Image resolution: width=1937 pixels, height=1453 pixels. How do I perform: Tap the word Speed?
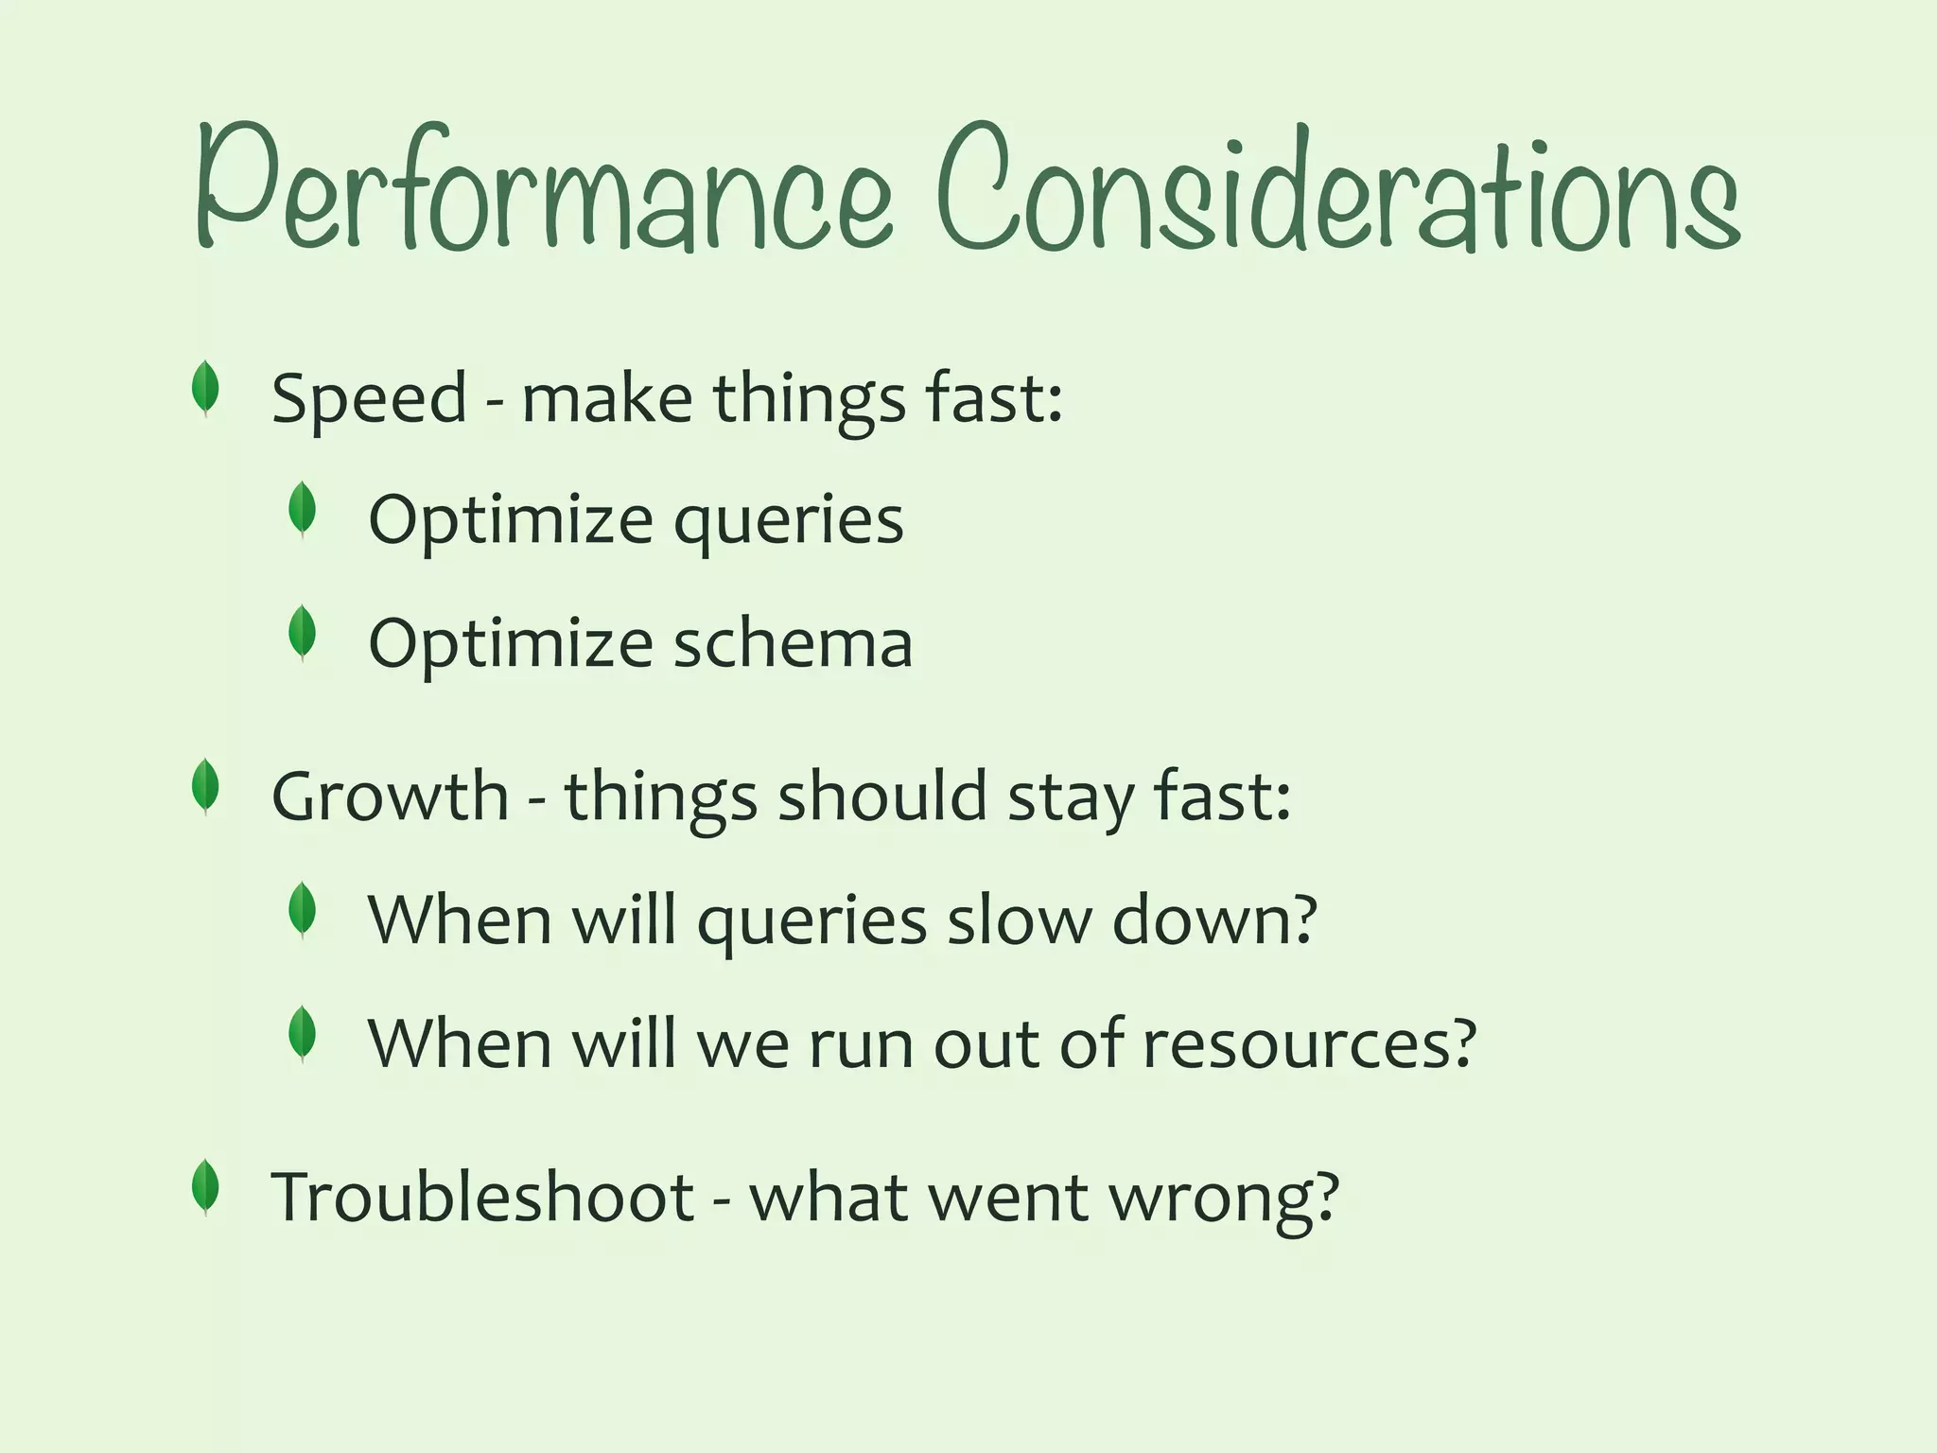coord(369,399)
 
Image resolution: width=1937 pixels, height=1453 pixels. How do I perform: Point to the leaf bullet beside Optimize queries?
coord(302,509)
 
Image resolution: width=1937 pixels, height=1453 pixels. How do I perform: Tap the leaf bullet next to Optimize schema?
coord(302,633)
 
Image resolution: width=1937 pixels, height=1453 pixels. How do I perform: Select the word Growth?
coord(390,797)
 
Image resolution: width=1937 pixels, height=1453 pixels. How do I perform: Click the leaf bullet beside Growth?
coord(205,787)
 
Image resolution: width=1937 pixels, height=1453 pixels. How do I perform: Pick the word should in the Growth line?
coord(882,797)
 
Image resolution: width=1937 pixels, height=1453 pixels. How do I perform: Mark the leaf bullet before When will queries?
coord(302,910)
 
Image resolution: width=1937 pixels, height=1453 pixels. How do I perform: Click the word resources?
coord(1309,1044)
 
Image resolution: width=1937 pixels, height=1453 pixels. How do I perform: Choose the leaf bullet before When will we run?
coord(302,1034)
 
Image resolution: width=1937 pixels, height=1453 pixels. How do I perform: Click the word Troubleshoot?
coord(483,1198)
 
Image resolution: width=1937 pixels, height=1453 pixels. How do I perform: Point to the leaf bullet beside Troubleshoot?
coord(205,1187)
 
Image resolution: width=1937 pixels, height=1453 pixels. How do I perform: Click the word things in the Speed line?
coord(810,399)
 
